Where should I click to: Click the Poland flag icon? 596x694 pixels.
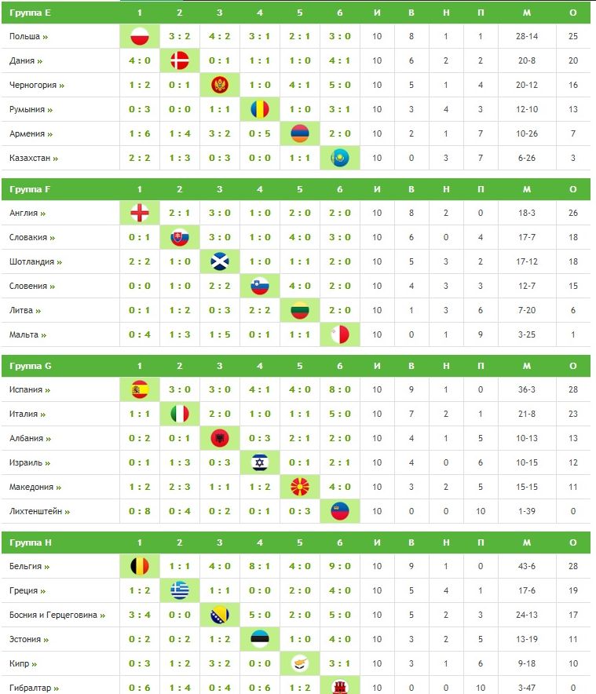click(140, 36)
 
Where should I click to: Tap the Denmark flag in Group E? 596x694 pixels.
click(180, 60)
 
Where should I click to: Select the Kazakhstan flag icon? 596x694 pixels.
click(340, 158)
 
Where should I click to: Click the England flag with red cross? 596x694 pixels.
click(140, 213)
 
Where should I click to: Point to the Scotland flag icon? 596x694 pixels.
click(220, 261)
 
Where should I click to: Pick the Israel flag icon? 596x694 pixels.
click(260, 462)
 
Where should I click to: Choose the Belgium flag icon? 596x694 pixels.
click(140, 566)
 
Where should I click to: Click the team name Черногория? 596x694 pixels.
click(33, 85)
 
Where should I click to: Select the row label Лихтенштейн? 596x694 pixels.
click(35, 511)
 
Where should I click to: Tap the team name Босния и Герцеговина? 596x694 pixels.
click(53, 615)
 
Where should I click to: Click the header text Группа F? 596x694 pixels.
click(31, 189)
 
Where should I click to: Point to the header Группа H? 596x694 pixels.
click(31, 542)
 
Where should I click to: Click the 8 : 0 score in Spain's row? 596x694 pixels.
click(340, 389)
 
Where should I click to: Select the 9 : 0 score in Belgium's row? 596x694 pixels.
click(340, 566)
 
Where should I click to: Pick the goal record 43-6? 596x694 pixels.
click(526, 566)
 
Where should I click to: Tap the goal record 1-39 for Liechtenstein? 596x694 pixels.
click(526, 511)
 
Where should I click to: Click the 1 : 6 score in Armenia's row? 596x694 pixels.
click(140, 133)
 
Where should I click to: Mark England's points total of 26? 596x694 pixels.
click(573, 213)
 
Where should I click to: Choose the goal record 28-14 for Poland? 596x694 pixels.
click(526, 36)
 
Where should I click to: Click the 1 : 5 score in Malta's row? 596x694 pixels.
click(220, 334)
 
